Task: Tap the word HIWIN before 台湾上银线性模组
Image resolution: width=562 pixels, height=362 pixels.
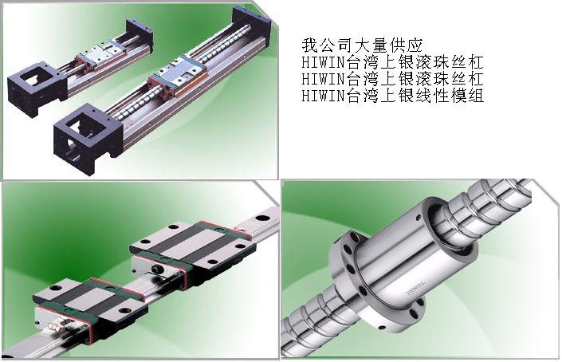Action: pyautogui.click(x=322, y=96)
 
